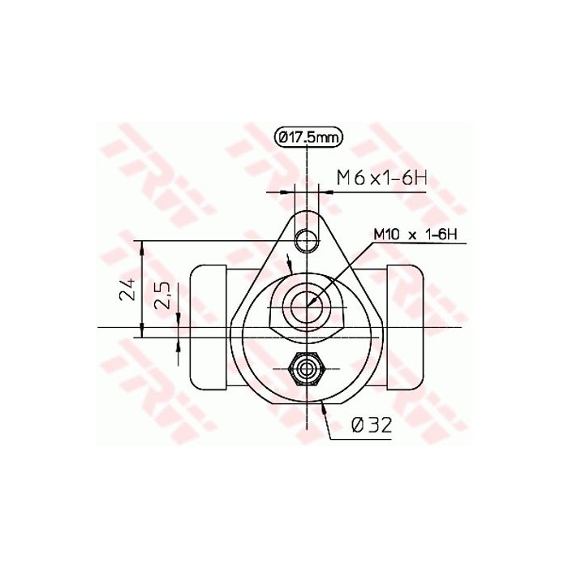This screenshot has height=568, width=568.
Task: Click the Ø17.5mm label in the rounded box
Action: click(x=308, y=138)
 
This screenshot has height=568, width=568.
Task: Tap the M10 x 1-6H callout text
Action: click(x=415, y=235)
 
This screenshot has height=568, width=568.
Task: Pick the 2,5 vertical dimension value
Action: click(x=162, y=296)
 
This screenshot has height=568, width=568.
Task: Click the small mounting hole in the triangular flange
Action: click(x=308, y=240)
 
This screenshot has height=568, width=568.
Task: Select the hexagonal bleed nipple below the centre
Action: click(x=308, y=370)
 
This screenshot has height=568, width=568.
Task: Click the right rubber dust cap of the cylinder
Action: click(x=406, y=329)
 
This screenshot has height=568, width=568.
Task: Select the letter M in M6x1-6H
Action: click(x=344, y=178)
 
